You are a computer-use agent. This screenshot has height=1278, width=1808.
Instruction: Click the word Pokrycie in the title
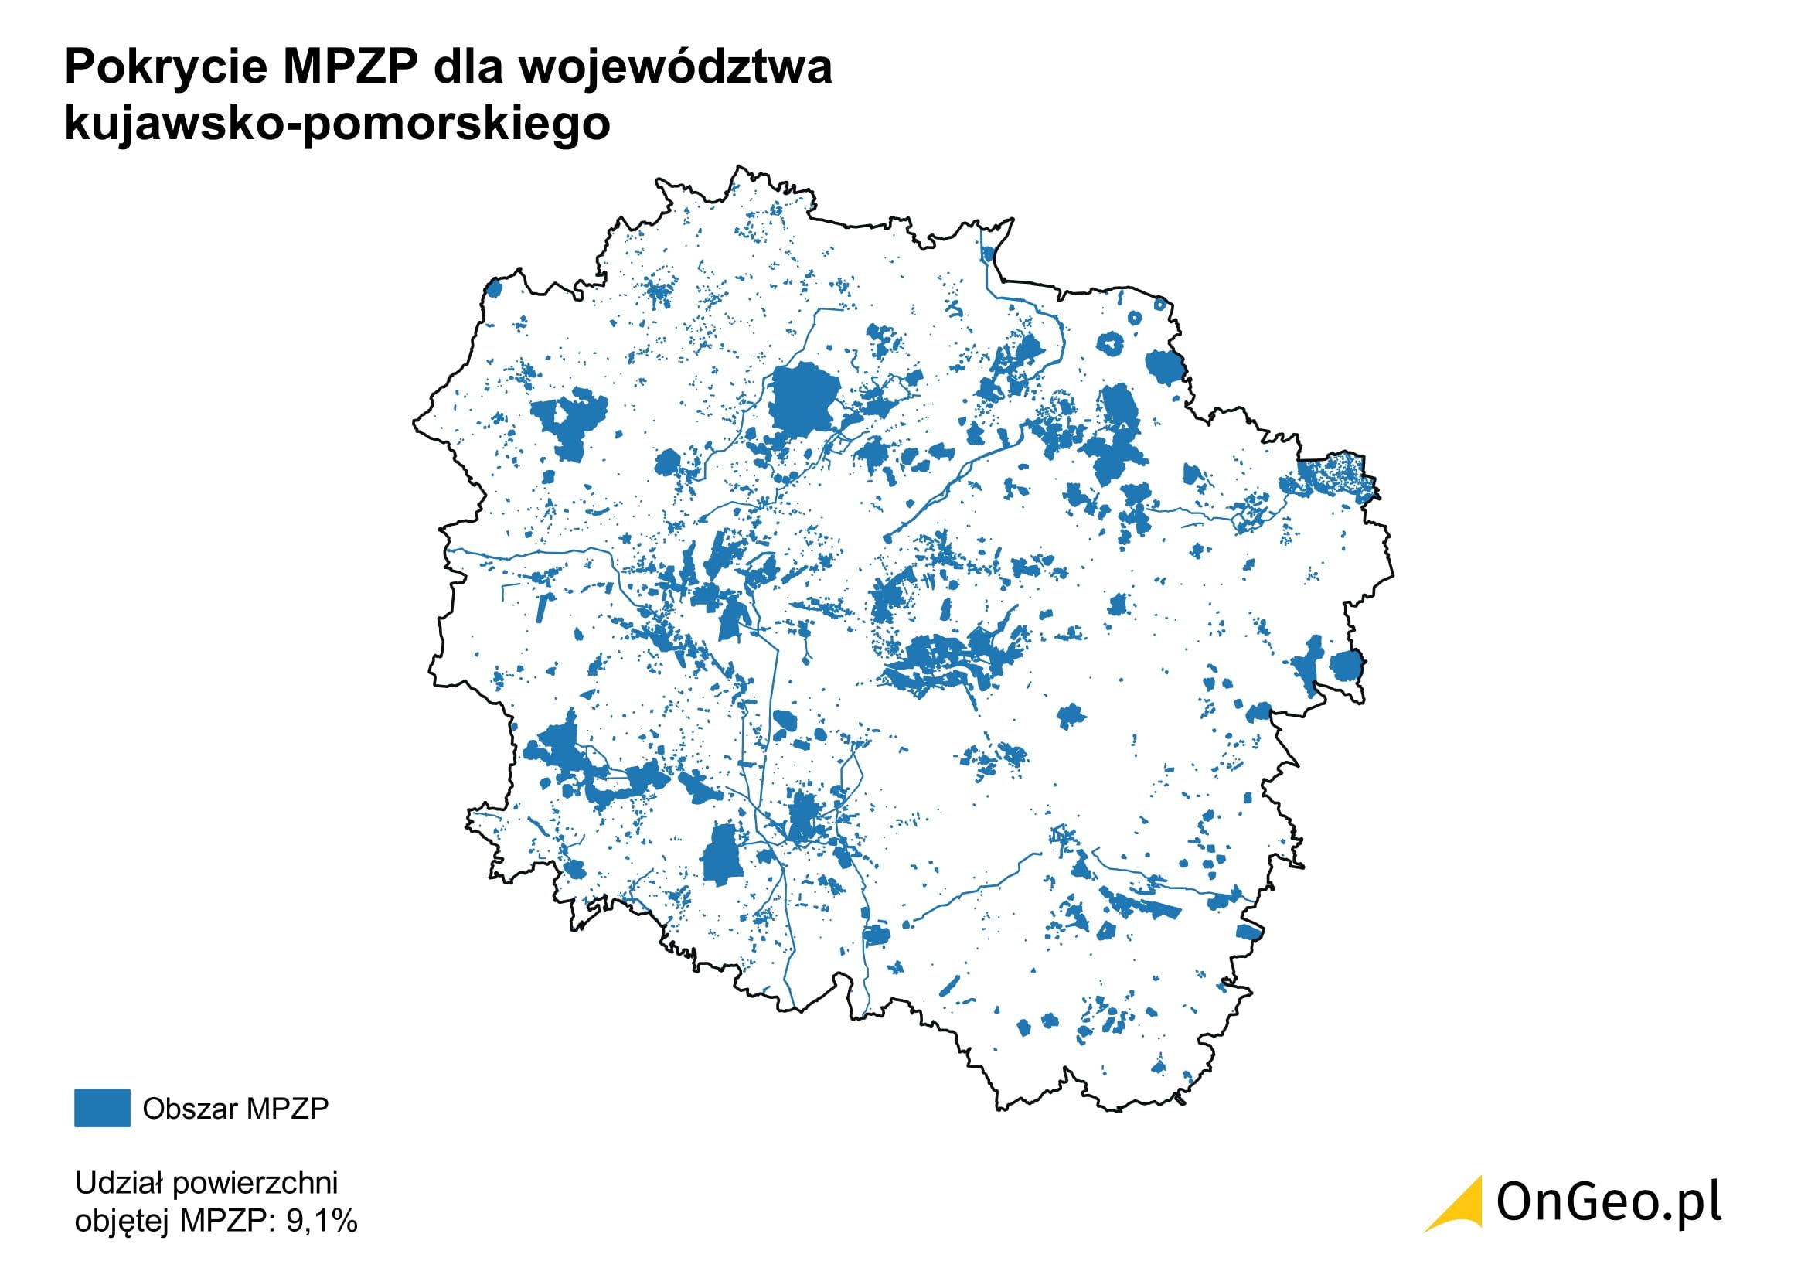[x=166, y=67]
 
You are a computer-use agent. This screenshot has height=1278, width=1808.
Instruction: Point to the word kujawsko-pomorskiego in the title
[x=337, y=124]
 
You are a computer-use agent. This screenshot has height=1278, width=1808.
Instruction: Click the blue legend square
[x=101, y=1108]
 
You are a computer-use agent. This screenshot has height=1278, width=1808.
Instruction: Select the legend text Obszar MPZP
[x=235, y=1109]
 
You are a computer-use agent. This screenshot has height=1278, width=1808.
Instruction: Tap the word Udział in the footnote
[x=118, y=1183]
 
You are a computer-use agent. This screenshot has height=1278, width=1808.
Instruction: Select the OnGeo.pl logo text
[x=1608, y=1203]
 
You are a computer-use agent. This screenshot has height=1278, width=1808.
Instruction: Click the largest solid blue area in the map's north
[x=803, y=400]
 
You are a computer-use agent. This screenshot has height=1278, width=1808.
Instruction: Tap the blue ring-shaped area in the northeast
[x=1109, y=343]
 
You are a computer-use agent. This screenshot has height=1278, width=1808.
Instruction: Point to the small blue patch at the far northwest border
[x=495, y=289]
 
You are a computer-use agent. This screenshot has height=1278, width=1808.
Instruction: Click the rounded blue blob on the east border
[x=1346, y=666]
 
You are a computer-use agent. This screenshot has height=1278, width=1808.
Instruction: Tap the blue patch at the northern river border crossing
[x=989, y=254]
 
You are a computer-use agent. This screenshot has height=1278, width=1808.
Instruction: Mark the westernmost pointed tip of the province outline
[x=414, y=424]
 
